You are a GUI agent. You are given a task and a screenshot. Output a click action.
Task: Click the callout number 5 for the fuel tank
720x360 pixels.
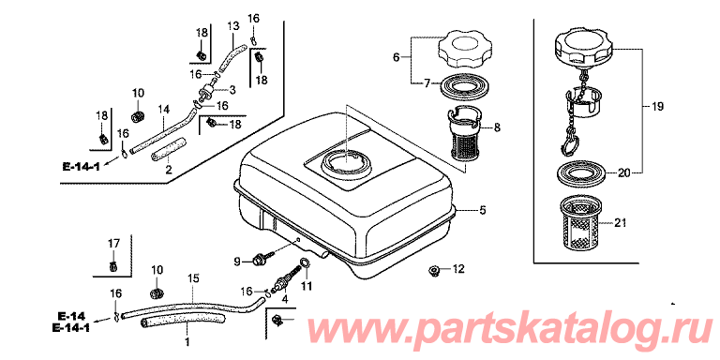[482, 211]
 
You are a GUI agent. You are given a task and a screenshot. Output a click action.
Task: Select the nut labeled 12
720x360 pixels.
[432, 270]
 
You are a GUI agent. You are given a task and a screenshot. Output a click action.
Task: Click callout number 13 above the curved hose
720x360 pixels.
[233, 26]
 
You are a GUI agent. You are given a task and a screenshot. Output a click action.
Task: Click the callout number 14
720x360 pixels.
[164, 110]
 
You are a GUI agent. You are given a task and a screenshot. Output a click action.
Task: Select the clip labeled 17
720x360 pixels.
[112, 265]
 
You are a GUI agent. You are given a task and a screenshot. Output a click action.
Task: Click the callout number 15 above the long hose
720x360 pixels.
[193, 278]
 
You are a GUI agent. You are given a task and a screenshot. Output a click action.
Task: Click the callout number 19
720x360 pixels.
[657, 108]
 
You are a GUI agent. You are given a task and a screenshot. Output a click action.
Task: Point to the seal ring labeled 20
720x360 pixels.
[579, 173]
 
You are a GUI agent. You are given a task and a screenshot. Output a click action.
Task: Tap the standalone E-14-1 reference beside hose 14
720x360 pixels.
[82, 166]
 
